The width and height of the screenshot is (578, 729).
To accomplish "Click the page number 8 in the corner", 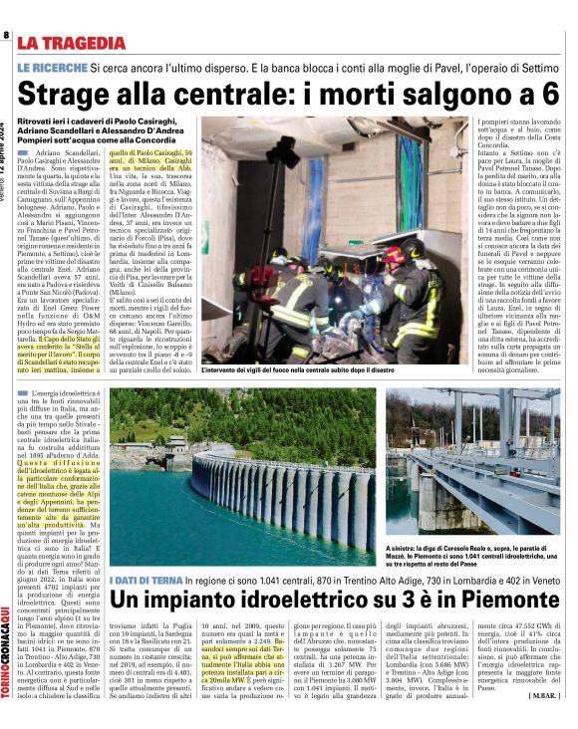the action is click(6, 36).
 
